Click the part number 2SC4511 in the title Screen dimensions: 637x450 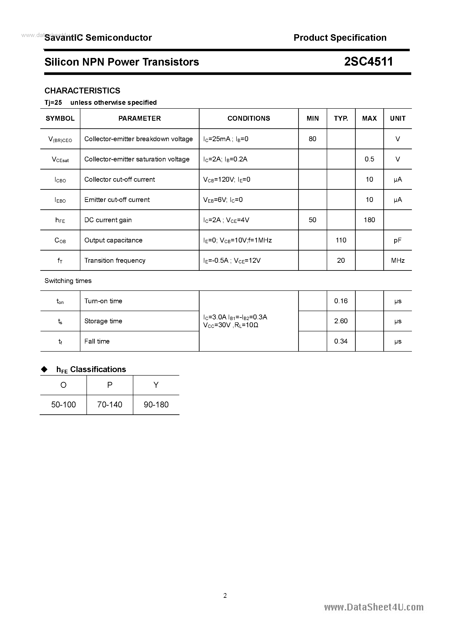tap(369, 62)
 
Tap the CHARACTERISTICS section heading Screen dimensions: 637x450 tap(82, 91)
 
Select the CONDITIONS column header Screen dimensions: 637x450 tap(249, 119)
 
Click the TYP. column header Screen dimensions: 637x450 tap(341, 119)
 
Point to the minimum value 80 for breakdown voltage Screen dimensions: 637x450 tap(312, 139)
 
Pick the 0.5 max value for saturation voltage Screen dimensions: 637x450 tap(369, 159)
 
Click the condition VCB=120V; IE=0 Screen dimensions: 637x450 tap(227, 180)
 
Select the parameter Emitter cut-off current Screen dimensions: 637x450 tap(117, 200)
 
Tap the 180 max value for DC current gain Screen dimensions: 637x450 tap(369, 220)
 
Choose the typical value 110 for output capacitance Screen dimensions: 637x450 tap(341, 240)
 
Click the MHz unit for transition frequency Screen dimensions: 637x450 tap(398, 261)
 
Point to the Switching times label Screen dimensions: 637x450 tap(68, 281)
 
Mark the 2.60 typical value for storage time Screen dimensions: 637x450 tap(341, 321)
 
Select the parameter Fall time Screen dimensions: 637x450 tap(97, 341)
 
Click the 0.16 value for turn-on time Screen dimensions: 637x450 tap(341, 301)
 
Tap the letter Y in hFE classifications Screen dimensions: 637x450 tap(156, 385)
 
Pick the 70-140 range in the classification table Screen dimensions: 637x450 tap(110, 405)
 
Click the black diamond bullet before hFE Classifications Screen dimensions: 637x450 tap(44, 369)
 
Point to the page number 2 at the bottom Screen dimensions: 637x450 tap(225, 595)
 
